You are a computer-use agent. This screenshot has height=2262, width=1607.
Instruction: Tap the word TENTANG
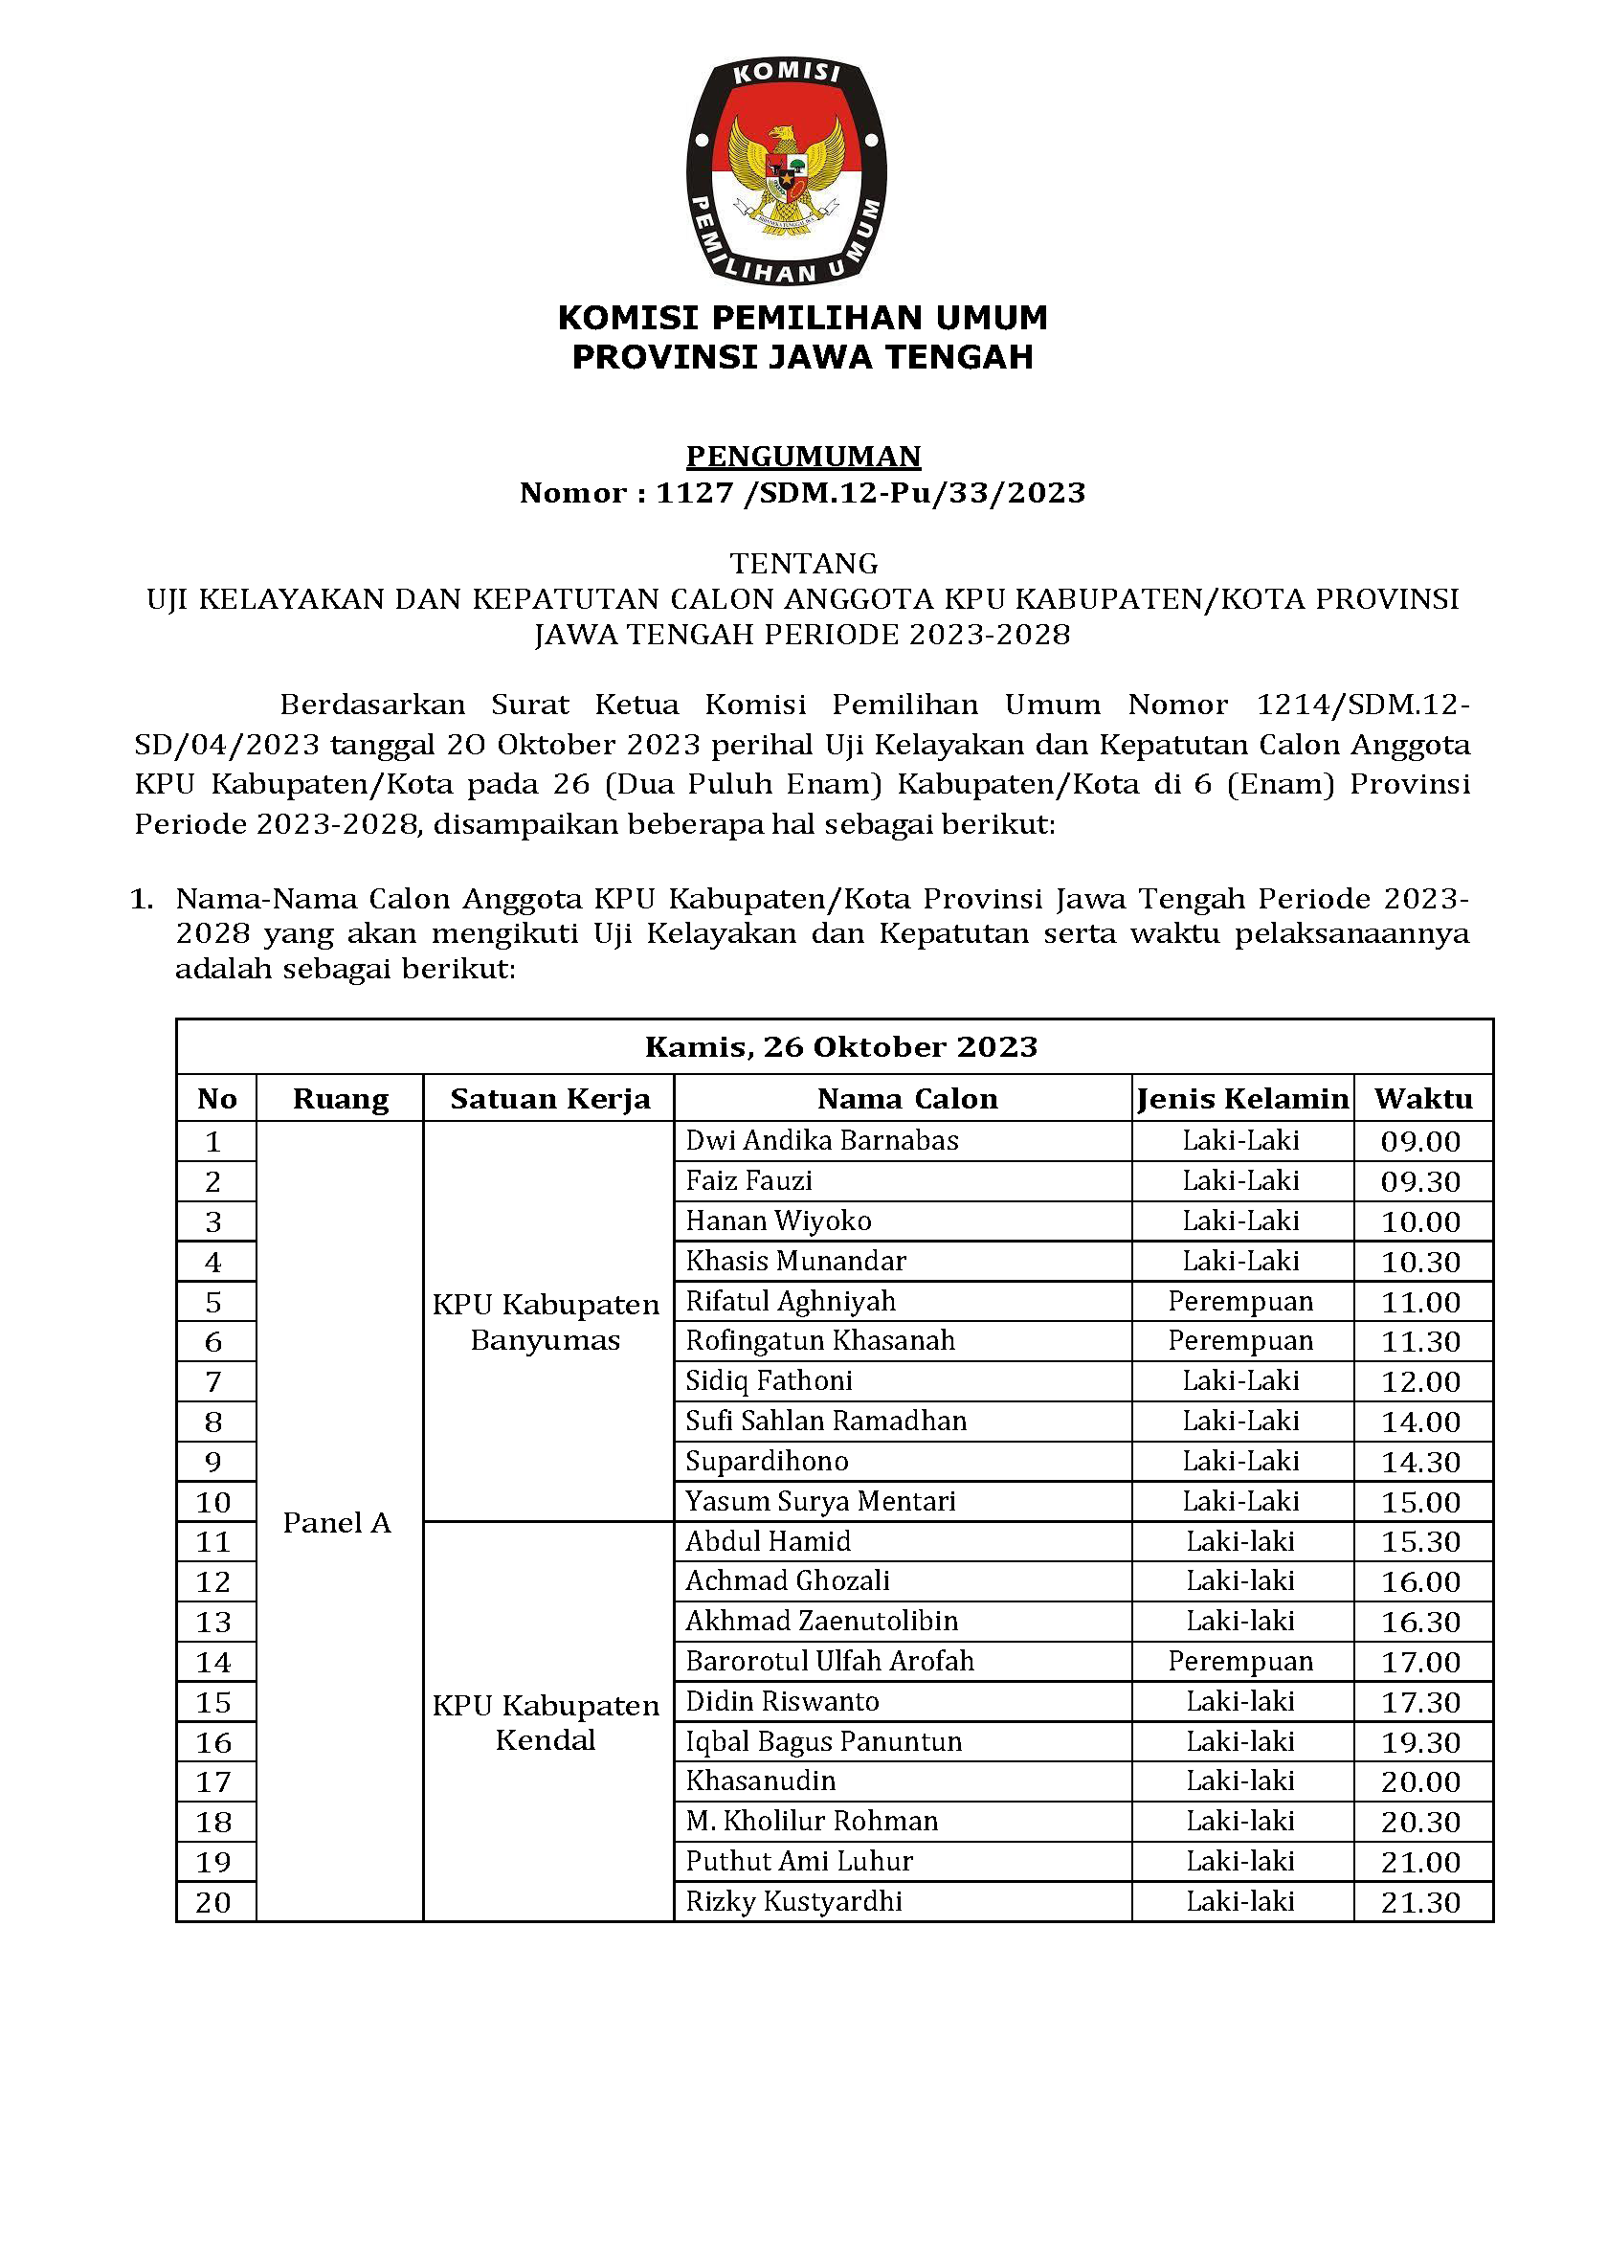[x=804, y=563]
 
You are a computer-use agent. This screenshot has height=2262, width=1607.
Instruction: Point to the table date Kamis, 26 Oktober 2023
[x=840, y=1047]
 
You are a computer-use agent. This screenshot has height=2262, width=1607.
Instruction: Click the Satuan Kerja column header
[x=549, y=1098]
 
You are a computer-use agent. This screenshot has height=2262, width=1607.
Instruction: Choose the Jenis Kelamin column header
[x=1242, y=1098]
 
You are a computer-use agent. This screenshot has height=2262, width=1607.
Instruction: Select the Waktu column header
[x=1422, y=1098]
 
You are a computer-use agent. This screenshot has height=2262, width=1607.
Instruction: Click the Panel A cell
[x=337, y=1523]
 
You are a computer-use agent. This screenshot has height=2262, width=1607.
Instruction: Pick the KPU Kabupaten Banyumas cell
[x=546, y=1322]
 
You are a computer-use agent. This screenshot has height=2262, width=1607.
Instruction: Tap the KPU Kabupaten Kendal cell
[x=546, y=1723]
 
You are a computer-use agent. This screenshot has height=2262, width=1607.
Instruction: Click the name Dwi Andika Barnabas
[x=821, y=1141]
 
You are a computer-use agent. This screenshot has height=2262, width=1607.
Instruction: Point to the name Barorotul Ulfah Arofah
[x=829, y=1662]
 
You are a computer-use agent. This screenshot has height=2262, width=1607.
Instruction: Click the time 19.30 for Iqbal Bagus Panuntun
[x=1420, y=1742]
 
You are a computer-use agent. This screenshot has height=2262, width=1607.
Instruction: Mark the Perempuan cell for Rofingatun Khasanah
[x=1239, y=1341]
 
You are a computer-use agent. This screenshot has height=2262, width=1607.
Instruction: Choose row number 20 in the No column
[x=213, y=1902]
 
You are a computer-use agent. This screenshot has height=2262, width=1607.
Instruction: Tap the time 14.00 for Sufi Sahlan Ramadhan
[x=1420, y=1422]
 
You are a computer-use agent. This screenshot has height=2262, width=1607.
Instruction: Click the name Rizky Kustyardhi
[x=793, y=1901]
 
